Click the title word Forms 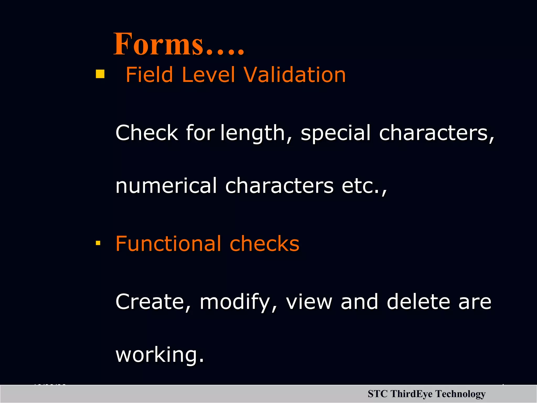(x=178, y=44)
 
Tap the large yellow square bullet (x=100, y=74)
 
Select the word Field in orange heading (x=149, y=75)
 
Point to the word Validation (x=294, y=75)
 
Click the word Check (x=147, y=133)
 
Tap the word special (x=336, y=133)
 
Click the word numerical (x=166, y=186)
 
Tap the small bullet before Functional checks (x=98, y=243)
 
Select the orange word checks (x=264, y=244)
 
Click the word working (x=159, y=355)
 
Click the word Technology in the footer (x=460, y=394)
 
